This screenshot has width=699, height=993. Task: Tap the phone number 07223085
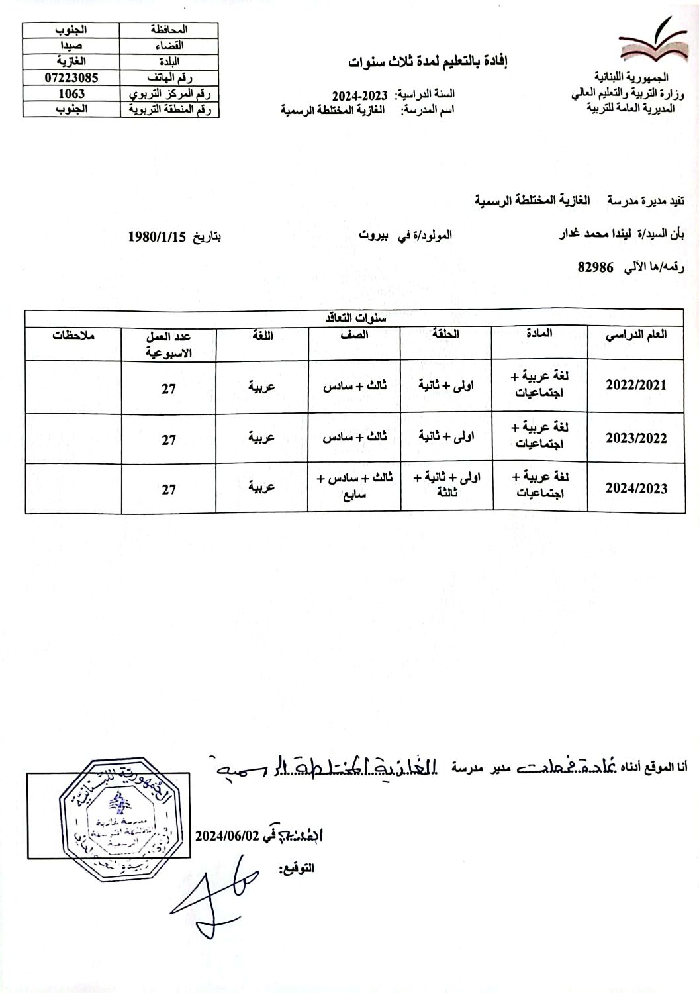71,77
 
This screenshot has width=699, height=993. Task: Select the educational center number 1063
71,93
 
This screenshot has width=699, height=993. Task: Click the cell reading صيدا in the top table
71,46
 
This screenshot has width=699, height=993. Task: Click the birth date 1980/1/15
158,236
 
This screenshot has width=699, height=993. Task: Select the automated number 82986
596,267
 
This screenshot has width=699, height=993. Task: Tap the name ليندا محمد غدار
590,234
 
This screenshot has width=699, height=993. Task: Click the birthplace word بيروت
375,235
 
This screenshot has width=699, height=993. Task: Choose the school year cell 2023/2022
636,438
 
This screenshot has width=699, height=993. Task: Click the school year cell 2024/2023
636,489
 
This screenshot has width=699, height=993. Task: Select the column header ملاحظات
74,335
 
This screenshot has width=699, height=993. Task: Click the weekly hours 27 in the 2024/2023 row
169,489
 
